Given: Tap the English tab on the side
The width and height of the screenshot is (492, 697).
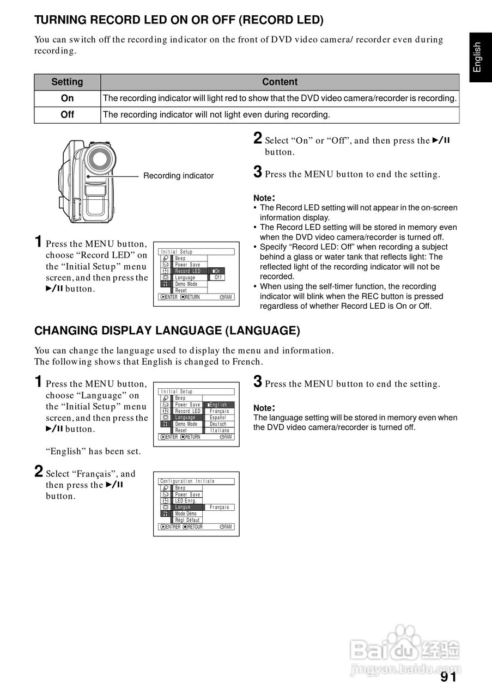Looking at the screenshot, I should (477, 57).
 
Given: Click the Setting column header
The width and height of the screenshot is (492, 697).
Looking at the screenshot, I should (67, 82).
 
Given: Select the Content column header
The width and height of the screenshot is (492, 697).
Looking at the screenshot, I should (280, 82).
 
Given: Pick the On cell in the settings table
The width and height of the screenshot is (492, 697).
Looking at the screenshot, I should (67, 99).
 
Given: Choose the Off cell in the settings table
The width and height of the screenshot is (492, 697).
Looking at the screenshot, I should (67, 115).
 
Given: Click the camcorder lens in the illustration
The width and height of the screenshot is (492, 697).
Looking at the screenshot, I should (99, 158).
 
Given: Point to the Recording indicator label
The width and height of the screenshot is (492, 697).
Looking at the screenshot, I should (178, 176).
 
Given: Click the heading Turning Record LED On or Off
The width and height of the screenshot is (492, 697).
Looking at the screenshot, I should (179, 21).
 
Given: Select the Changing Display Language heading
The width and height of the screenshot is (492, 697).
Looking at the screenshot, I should (167, 331).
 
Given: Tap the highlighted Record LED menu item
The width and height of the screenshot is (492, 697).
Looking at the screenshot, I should (188, 271).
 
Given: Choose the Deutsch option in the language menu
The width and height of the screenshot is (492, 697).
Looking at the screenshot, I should (218, 424).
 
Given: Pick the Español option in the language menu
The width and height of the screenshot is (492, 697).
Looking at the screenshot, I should (218, 418).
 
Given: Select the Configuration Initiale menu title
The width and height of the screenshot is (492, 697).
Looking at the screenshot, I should (187, 481).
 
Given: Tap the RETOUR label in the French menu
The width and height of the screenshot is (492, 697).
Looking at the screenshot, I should (195, 527).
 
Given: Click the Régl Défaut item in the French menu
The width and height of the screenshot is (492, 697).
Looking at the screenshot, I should (187, 521).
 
